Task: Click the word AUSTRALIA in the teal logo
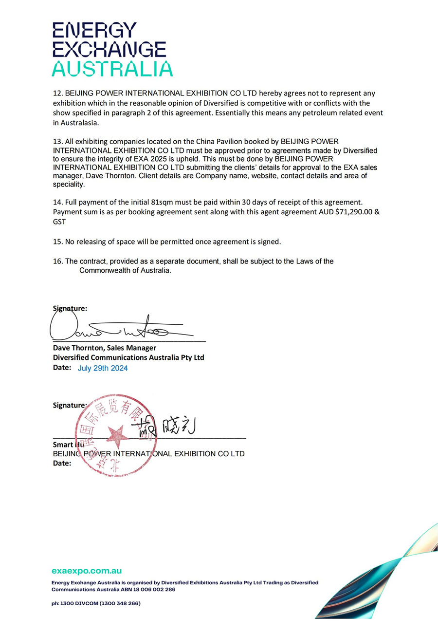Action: pyautogui.click(x=112, y=69)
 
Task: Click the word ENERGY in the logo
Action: pyautogui.click(x=94, y=31)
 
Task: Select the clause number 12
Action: pyautogui.click(x=57, y=93)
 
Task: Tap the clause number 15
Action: pyautogui.click(x=57, y=242)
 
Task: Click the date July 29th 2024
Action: pyautogui.click(x=103, y=369)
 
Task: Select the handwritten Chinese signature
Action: pyautogui.click(x=168, y=426)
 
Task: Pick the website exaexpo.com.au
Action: pyautogui.click(x=87, y=571)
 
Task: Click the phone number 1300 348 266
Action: pyautogui.click(x=121, y=603)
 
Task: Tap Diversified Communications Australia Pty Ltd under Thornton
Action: pyautogui.click(x=128, y=357)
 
